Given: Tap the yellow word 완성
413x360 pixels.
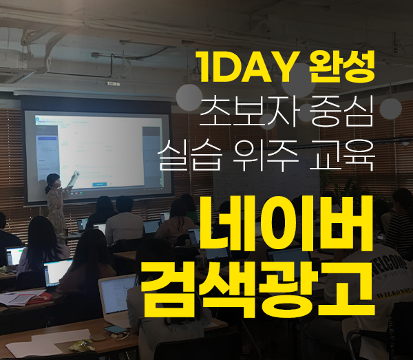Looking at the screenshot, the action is (342, 66).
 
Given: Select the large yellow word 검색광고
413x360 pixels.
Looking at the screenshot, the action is (258, 288).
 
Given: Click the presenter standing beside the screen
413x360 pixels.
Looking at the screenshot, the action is (56, 203).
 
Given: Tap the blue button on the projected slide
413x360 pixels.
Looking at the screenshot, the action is (100, 184).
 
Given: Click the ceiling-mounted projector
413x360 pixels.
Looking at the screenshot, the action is (114, 83).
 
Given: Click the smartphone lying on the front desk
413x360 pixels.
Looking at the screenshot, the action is (115, 329).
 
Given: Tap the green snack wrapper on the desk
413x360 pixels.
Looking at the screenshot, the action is (82, 346).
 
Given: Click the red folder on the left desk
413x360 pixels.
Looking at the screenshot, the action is (38, 299).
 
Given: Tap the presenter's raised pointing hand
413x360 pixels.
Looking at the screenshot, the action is (76, 173).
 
